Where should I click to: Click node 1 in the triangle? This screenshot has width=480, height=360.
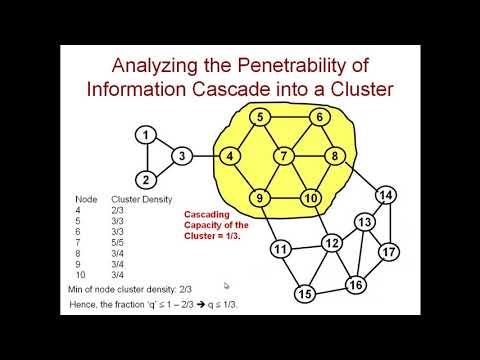click(x=147, y=135)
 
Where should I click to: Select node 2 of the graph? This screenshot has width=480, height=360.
click(x=147, y=180)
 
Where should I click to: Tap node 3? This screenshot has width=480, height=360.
click(x=182, y=156)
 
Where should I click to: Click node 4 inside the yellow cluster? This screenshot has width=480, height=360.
click(x=230, y=156)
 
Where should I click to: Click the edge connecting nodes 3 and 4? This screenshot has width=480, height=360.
click(x=206, y=156)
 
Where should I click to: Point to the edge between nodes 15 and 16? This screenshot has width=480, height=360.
click(x=330, y=290)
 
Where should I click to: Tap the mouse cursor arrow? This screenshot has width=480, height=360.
click(x=227, y=285)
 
